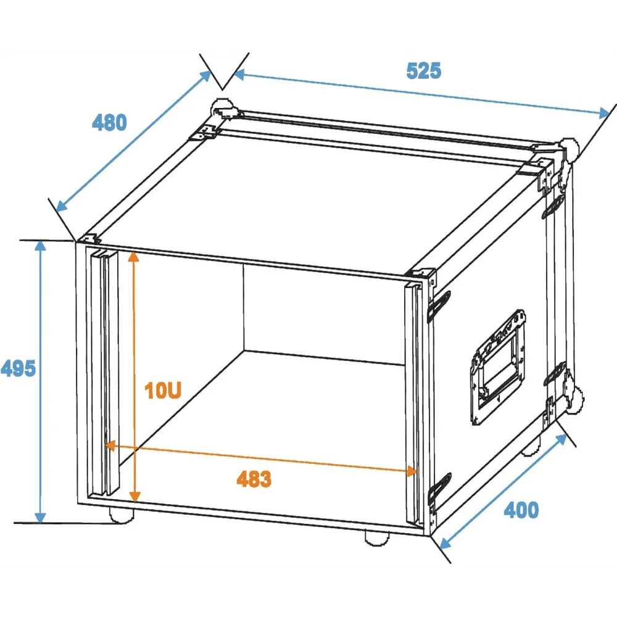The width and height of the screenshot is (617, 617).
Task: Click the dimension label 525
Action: [423, 71]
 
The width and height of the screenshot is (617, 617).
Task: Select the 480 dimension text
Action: [109, 122]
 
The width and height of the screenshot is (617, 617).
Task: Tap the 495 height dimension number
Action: [18, 369]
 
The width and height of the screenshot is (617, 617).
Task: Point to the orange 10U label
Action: [163, 391]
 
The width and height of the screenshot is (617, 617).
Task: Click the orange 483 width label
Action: [254, 479]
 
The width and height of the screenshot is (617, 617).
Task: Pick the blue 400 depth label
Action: [521, 510]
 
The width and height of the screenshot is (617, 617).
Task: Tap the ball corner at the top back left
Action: [222, 108]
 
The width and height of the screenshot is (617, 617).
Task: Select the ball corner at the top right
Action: [569, 149]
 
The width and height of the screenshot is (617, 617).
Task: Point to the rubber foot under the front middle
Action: [377, 538]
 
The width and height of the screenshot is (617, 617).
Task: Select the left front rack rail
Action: [105, 372]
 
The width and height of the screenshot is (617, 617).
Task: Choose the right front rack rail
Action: [415, 404]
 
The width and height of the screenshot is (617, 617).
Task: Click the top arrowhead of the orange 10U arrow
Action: [134, 257]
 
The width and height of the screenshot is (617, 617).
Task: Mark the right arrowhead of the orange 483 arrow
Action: [412, 471]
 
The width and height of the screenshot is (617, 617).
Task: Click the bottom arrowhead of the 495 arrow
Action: [40, 518]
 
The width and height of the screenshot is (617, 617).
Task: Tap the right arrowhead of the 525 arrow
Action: [604, 114]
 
